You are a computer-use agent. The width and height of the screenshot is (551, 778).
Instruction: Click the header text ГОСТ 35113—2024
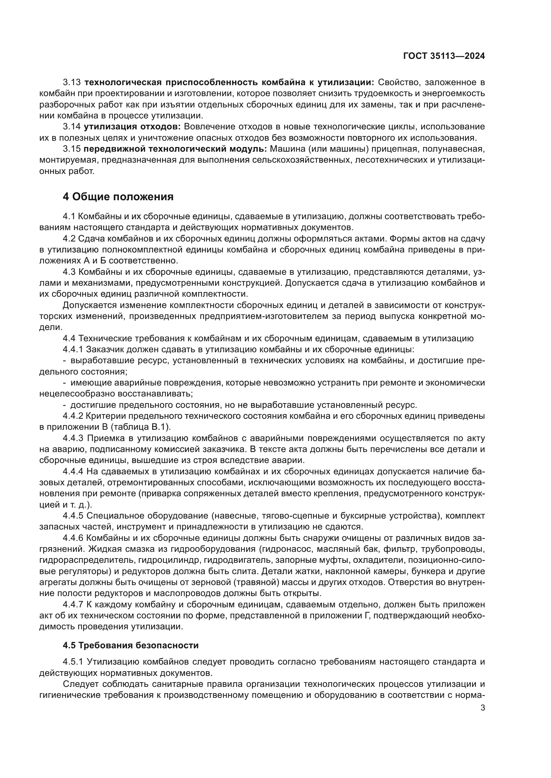click(444, 56)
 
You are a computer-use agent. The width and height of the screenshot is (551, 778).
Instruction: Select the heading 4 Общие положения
click(118, 197)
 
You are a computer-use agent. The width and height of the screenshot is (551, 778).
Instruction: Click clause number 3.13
click(72, 82)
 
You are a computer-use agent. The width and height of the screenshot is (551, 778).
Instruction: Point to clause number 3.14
click(72, 127)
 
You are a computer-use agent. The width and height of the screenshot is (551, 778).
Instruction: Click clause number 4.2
click(69, 238)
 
